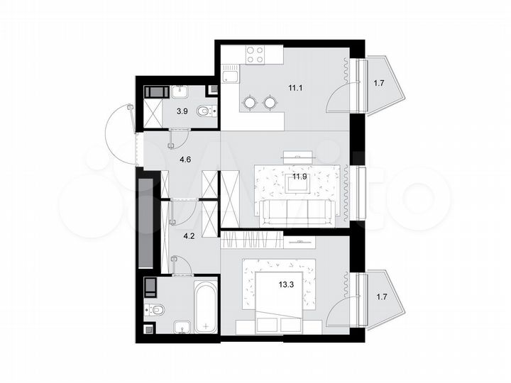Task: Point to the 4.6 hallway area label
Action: click(x=185, y=159)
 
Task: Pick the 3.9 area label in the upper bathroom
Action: click(x=182, y=111)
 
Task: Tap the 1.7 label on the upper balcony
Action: click(x=379, y=84)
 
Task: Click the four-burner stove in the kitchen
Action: click(x=255, y=55)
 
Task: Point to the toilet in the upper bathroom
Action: click(x=207, y=111)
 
